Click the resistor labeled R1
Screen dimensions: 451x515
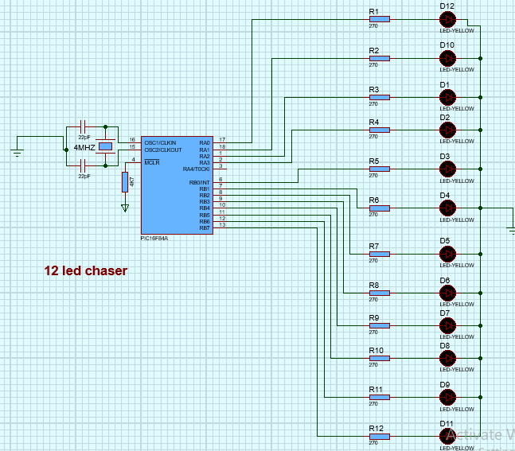(x=379, y=20)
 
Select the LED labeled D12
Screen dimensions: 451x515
(x=447, y=20)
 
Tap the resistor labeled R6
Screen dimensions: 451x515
(x=379, y=208)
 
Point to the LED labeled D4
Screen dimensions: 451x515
(x=447, y=208)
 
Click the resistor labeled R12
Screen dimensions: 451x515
(x=379, y=436)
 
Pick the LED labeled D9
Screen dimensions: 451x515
(x=447, y=397)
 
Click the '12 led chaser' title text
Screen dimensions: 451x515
(x=85, y=271)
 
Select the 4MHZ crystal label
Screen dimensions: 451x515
(x=84, y=148)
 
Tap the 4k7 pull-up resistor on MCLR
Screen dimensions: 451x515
(x=124, y=182)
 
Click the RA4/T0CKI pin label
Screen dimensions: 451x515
(x=195, y=169)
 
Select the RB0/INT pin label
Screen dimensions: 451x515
(x=199, y=182)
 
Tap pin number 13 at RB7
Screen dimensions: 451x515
(x=223, y=225)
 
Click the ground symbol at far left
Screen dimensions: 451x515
(x=17, y=152)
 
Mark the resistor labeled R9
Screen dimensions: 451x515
(x=379, y=325)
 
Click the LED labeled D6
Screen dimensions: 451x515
(x=447, y=293)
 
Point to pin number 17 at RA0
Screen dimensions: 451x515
(x=223, y=140)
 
